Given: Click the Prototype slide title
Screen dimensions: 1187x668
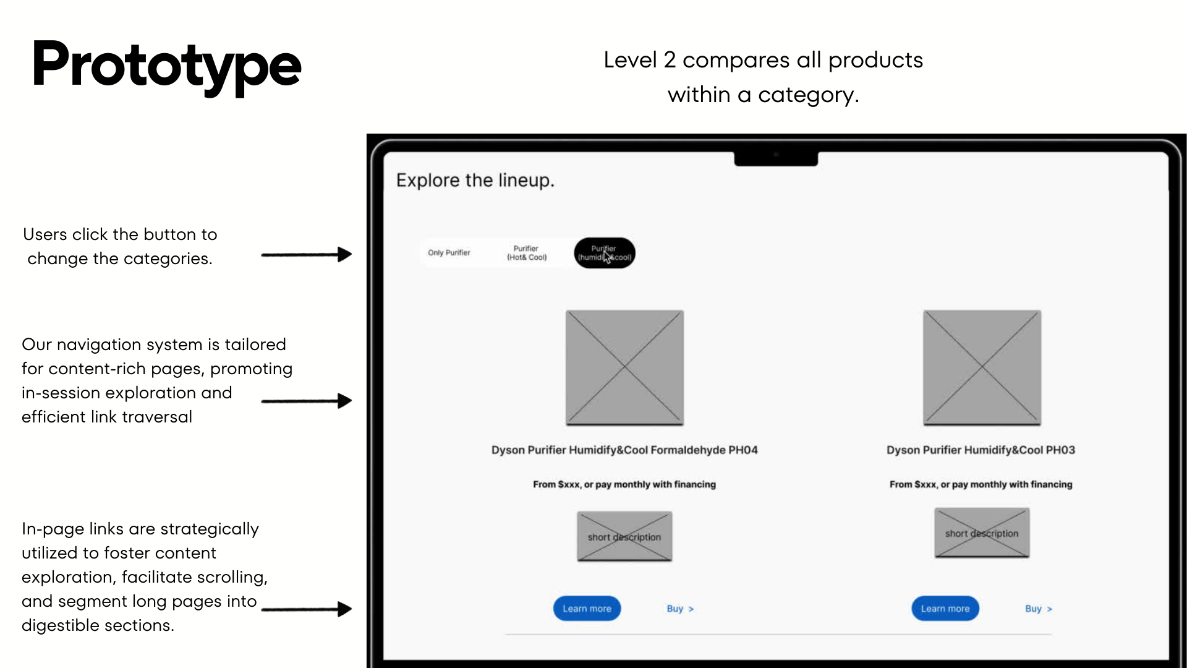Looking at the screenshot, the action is coord(166,65).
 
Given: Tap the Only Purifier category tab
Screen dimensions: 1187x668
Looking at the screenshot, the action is coord(449,253).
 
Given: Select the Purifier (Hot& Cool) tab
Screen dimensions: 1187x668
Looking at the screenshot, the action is coord(527,253).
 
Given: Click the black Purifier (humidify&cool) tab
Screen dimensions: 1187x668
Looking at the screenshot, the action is coord(605,253).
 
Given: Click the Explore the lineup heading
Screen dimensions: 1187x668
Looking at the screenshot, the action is coord(475,181).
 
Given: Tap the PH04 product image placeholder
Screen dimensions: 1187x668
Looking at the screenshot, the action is coord(624,367).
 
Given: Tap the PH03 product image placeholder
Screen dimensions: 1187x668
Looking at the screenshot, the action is coord(982,367).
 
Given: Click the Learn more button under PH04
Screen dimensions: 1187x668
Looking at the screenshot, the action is coord(587,609).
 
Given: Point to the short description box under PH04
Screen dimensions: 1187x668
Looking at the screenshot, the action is coord(624,536).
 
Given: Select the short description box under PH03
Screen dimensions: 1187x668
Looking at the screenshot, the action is coord(982,533).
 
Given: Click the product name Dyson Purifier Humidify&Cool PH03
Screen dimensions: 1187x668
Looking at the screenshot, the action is coord(981,450).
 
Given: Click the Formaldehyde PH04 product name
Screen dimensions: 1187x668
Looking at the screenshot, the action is coord(624,450).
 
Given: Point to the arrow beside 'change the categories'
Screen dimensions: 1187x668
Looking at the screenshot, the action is coord(306,254).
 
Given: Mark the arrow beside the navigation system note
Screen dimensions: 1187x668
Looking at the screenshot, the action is coord(306,401).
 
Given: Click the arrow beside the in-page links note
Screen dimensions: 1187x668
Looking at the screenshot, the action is coord(306,609).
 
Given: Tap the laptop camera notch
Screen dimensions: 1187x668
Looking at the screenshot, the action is coord(776,158).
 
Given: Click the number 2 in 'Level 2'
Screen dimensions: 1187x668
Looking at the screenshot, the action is coord(670,61).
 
